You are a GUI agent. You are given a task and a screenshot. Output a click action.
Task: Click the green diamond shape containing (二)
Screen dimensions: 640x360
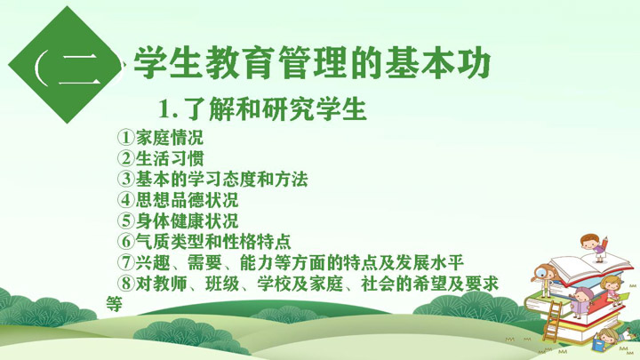click(66, 65)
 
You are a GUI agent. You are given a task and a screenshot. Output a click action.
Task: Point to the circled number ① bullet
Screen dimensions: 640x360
click(125, 137)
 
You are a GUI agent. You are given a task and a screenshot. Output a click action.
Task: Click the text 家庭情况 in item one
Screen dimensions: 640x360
click(170, 137)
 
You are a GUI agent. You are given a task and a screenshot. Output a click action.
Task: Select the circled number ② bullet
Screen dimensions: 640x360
click(125, 158)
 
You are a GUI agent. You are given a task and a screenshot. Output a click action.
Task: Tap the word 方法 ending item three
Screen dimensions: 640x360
click(292, 179)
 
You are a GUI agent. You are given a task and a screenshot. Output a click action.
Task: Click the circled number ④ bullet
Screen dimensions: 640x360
click(125, 200)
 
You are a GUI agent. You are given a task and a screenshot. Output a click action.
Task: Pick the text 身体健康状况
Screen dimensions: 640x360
click(187, 220)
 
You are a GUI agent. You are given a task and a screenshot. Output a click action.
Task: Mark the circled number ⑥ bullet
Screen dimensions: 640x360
click(125, 241)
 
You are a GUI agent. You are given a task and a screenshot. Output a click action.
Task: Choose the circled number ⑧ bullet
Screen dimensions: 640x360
click(125, 284)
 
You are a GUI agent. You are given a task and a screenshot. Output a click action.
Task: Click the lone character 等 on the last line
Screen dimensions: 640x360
click(115, 304)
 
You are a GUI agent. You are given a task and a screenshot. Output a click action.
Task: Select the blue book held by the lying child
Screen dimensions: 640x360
click(599, 344)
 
